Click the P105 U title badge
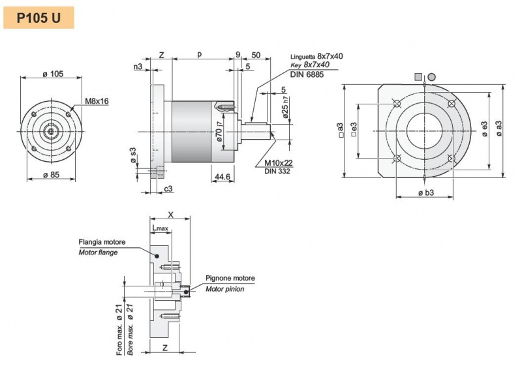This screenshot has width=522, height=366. click(x=38, y=18)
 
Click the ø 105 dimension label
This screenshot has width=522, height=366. click(x=52, y=74)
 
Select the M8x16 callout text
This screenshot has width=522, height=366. click(x=97, y=101)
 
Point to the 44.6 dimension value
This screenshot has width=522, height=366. click(x=222, y=177)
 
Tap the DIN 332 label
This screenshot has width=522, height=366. click(x=277, y=171)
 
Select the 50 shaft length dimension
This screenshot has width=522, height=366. click(x=256, y=55)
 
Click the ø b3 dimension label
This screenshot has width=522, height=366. click(x=425, y=193)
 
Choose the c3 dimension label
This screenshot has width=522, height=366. click(x=168, y=188)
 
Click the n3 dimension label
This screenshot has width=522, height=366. click(x=138, y=67)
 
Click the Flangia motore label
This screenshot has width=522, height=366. click(x=102, y=242)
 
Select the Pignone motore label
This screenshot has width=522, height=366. click(x=230, y=278)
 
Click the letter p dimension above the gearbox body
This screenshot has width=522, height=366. click(x=199, y=55)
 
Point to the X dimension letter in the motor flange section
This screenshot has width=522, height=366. click(x=170, y=214)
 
